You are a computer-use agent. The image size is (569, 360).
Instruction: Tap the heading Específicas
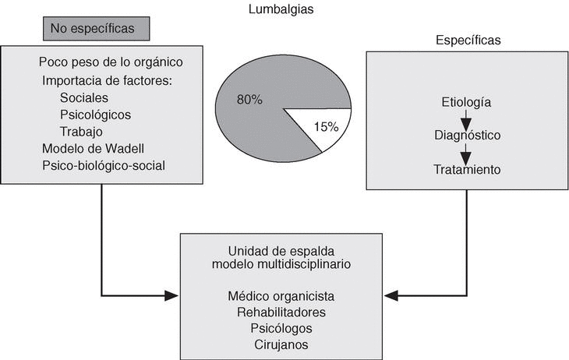467,40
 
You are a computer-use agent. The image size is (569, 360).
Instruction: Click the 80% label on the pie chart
250,100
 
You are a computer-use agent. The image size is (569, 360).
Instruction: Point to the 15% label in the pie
326,125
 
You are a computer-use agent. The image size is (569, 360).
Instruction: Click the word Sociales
83,98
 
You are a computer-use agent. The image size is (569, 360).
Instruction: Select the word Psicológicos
95,115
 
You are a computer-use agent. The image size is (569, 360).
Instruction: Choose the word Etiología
466,102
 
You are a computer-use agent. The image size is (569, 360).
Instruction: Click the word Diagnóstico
466,136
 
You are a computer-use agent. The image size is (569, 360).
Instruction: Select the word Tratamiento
467,168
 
